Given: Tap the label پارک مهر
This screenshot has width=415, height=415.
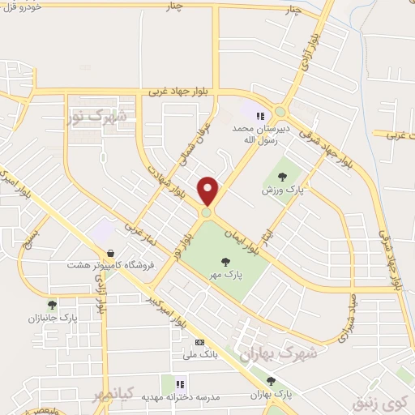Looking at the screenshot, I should click(224, 275).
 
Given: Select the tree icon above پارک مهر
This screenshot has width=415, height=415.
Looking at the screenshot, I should click(225, 260).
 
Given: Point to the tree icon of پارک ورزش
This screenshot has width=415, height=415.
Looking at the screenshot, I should click(280, 176).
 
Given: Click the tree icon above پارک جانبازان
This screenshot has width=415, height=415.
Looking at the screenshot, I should click(52, 305).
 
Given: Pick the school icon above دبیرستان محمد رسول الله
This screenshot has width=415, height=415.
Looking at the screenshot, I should click(261, 116).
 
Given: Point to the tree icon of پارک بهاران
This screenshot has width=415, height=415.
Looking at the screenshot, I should click(271, 380).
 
